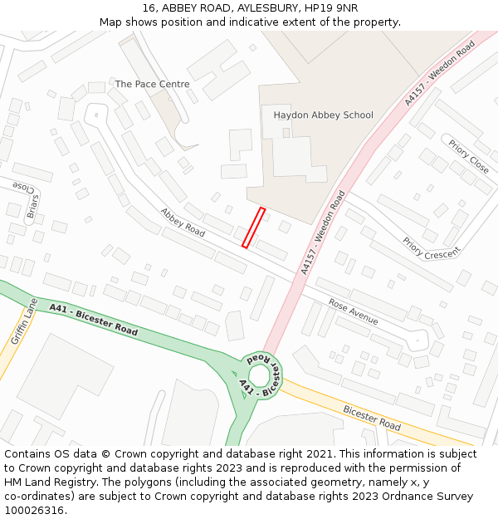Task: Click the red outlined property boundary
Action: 253,228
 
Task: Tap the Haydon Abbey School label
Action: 323,115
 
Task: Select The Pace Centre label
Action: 152,84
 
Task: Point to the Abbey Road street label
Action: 183,222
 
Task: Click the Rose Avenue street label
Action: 353,311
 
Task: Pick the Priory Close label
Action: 469,156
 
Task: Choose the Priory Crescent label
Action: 431,248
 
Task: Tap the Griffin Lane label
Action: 25,321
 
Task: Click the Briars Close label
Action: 27,199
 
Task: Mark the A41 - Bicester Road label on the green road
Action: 93,320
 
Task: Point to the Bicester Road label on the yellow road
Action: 371,418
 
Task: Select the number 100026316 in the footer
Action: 34,510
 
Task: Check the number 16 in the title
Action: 149,7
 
